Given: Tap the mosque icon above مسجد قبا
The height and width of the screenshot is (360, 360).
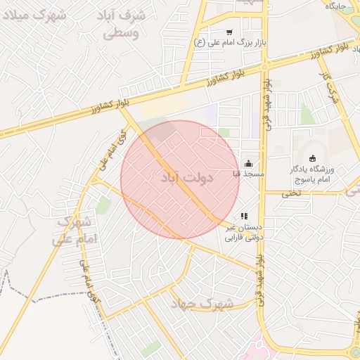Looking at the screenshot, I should [248, 163].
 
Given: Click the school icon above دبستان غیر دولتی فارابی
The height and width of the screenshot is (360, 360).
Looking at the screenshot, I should [243, 217].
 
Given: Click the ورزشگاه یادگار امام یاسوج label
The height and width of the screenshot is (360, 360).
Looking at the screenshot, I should [312, 174].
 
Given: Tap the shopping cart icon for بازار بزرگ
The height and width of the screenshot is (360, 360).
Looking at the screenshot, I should [229, 32].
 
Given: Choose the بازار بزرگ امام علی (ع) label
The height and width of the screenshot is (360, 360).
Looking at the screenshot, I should [225, 42].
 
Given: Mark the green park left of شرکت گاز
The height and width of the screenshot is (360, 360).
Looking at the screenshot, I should [307, 114].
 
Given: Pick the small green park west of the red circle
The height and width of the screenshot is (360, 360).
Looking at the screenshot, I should [104, 205].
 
